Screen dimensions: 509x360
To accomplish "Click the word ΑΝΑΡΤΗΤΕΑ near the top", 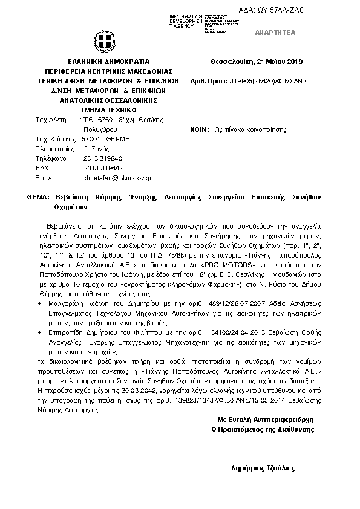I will [x=280, y=33].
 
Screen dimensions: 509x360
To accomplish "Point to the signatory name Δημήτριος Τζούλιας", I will [x=263, y=468].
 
